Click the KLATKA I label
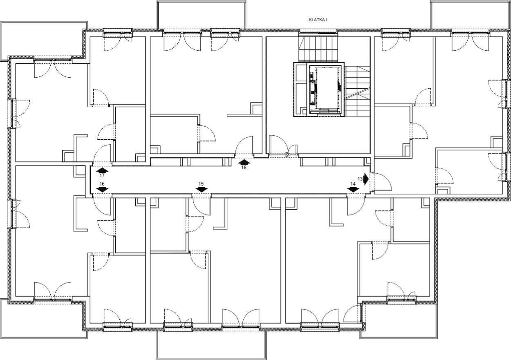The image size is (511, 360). [318, 20]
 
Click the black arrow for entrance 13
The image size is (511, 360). [366, 179]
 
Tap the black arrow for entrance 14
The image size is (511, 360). [353, 189]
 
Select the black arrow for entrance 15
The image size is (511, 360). [202, 189]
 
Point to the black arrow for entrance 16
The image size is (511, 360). [102, 189]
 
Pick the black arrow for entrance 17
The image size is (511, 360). [102, 170]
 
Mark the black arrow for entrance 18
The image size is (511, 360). [244, 162]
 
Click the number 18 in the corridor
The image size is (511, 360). [244, 168]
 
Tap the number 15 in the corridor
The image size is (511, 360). [201, 184]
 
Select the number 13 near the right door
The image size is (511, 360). [360, 179]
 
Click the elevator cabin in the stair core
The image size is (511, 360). [327, 88]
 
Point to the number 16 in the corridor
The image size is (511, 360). [102, 184]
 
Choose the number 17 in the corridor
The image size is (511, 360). [102, 176]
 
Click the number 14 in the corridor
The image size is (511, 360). [353, 184]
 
